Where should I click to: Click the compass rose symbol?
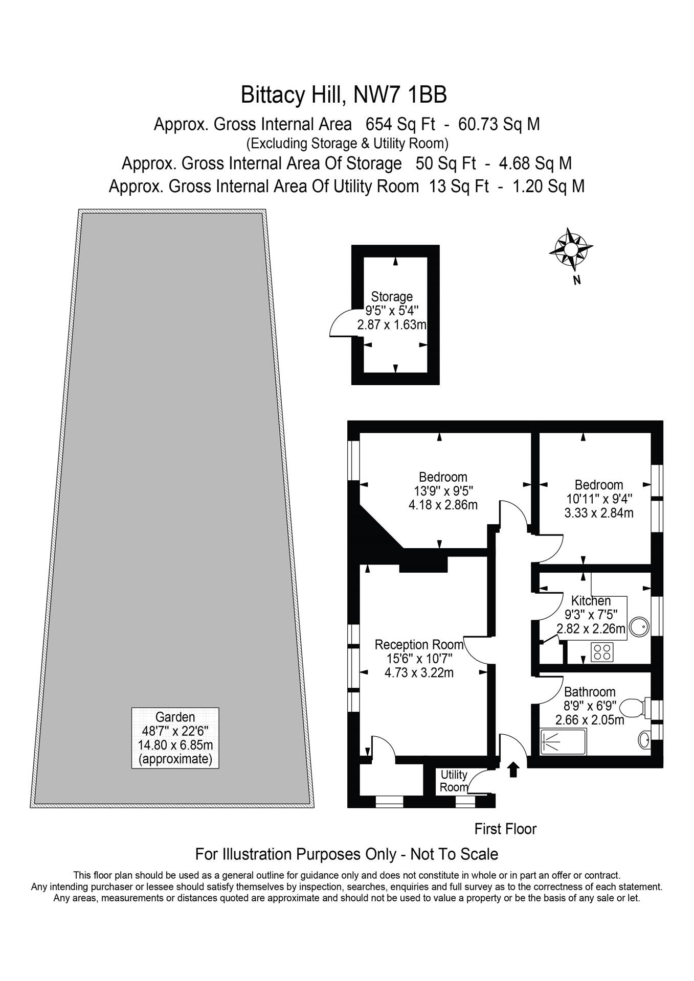pyautogui.click(x=571, y=249)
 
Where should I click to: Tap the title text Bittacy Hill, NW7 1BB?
pyautogui.click(x=344, y=95)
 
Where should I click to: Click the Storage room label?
pyautogui.click(x=392, y=296)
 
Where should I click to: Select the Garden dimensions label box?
pyautogui.click(x=175, y=738)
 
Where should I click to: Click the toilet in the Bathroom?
pyautogui.click(x=634, y=709)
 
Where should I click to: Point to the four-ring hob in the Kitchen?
pyautogui.click(x=601, y=652)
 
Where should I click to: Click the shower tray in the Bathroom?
pyautogui.click(x=563, y=742)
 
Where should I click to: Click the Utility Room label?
pyautogui.click(x=454, y=781)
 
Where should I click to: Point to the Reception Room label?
pyautogui.click(x=419, y=644)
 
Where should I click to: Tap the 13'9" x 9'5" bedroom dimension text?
pyautogui.click(x=443, y=491)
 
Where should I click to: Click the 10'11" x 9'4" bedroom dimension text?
pyautogui.click(x=599, y=499)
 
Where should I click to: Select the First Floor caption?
pyautogui.click(x=505, y=829)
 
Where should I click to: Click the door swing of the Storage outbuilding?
pyautogui.click(x=340, y=324)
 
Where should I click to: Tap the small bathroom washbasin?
pyautogui.click(x=644, y=739)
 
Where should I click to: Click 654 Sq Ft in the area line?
pyautogui.click(x=400, y=124)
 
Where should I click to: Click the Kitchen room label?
pyautogui.click(x=591, y=600)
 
